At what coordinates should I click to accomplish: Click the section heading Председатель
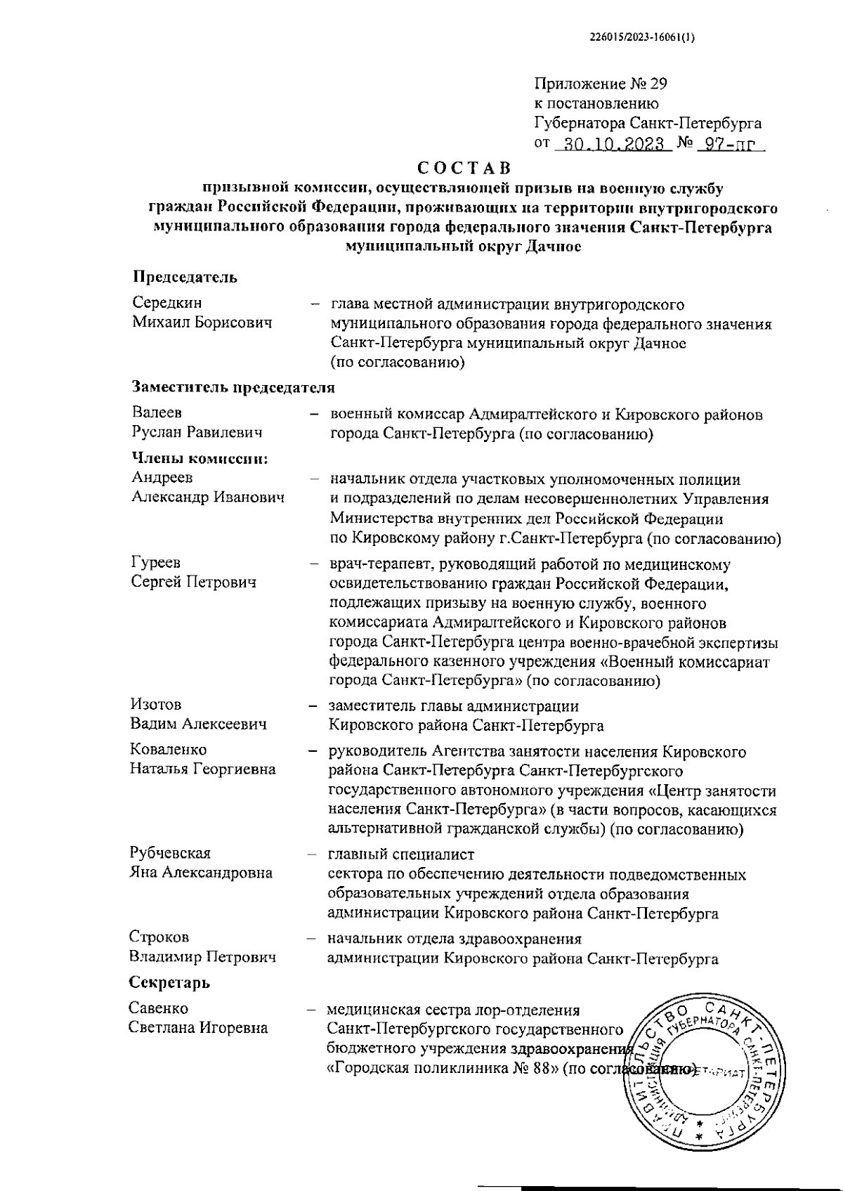[185, 277]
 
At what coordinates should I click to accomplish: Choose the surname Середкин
[167, 303]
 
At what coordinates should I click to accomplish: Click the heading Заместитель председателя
[233, 387]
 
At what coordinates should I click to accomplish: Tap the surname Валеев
[157, 413]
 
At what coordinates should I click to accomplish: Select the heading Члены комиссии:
[200, 458]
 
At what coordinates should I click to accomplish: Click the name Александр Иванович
[208, 497]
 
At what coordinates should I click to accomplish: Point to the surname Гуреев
[155, 563]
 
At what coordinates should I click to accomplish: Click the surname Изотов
[155, 704]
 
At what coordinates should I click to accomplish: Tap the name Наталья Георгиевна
[203, 769]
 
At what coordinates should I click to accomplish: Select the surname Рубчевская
[170, 853]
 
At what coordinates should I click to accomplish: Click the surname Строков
[159, 937]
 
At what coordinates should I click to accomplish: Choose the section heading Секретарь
[169, 982]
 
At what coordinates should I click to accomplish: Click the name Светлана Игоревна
[199, 1027]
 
